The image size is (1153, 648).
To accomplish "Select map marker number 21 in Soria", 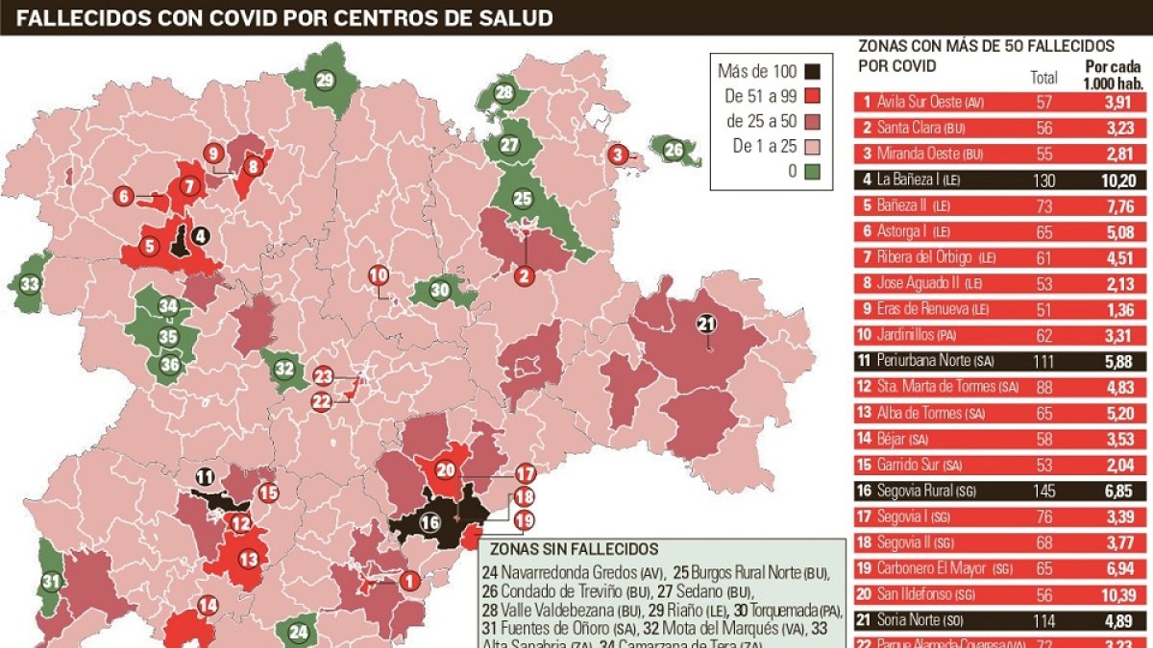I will [706, 324].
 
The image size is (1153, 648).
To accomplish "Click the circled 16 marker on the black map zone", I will [429, 523].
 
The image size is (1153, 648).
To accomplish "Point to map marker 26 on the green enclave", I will [674, 150].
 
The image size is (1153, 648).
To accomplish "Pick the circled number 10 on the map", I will [379, 276].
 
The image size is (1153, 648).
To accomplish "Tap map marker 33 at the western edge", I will [30, 284].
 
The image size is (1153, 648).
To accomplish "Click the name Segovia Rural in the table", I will [913, 492].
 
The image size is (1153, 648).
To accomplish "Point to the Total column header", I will [1043, 78].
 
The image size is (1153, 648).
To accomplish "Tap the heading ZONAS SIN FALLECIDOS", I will [574, 550].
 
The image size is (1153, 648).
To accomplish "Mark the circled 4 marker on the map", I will [200, 234].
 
